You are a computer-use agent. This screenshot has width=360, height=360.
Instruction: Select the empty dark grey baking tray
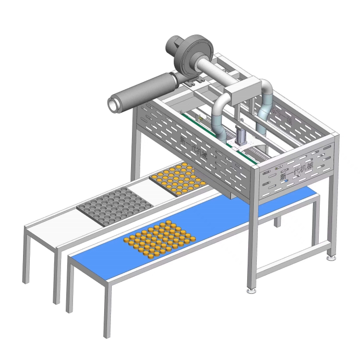[115, 207]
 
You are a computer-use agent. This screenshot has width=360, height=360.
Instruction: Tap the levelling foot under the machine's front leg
[251, 290]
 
